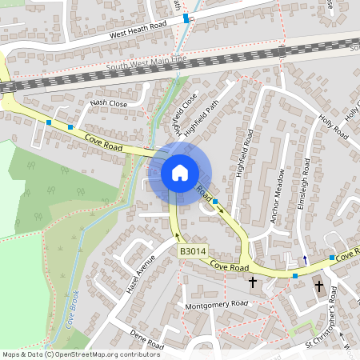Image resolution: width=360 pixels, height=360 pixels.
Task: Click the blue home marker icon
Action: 180,172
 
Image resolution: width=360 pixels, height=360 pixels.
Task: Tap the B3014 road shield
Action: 191,251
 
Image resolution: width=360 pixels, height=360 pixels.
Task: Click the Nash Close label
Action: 109,103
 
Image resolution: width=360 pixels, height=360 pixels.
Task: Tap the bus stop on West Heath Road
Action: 186,18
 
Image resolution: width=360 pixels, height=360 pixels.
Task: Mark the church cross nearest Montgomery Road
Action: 253,282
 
